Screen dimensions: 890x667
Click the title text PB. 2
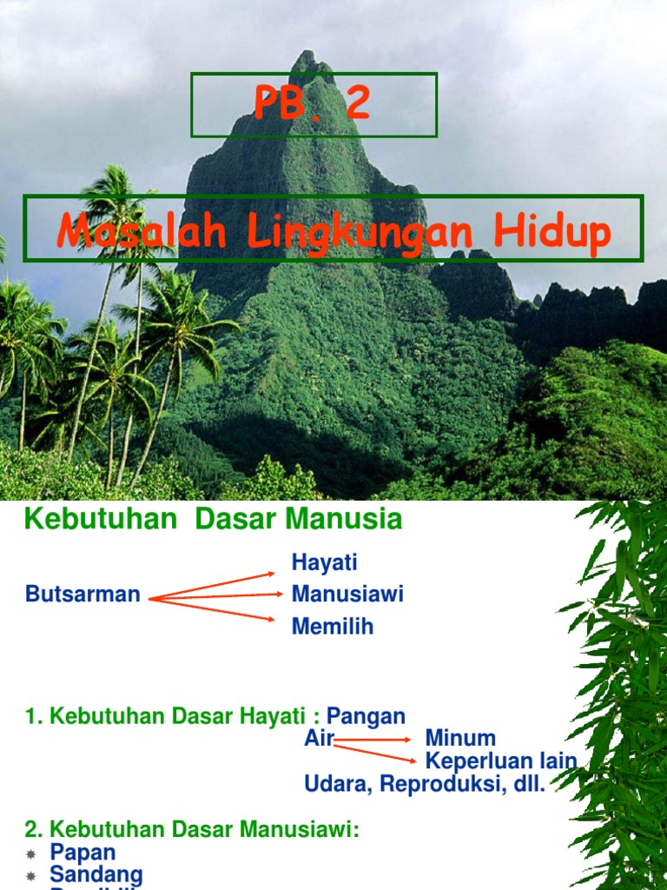[x=313, y=104]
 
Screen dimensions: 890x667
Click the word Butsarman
[x=83, y=594]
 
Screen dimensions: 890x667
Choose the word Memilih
[x=333, y=626]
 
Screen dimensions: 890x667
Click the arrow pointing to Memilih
[x=217, y=608]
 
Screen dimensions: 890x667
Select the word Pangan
[x=366, y=716]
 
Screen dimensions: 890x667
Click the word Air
[x=319, y=739]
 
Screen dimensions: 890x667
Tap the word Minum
[x=460, y=739]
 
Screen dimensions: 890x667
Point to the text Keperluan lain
[x=501, y=761]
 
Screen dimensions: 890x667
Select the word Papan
[x=83, y=853]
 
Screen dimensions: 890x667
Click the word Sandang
[x=96, y=874]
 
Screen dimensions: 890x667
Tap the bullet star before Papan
[x=31, y=854]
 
